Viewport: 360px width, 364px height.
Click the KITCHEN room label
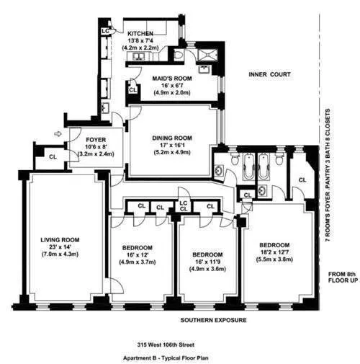(x=142, y=33)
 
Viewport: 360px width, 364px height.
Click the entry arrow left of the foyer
(x=58, y=133)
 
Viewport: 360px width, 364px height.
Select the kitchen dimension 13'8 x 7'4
(x=142, y=41)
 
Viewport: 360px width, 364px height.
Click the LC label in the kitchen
(x=105, y=31)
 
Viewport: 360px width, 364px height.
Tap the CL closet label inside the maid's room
(x=132, y=90)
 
